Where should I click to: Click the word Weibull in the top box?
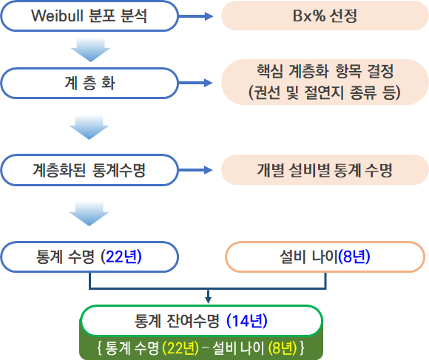pos(57,16)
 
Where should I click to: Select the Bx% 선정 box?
pos(325,16)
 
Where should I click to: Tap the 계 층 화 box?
pos(89,83)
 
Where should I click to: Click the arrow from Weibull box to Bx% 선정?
pos(195,16)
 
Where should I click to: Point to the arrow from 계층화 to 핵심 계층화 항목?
pos(195,83)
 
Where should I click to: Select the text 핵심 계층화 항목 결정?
pos(325,71)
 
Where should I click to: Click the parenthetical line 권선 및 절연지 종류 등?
pos(325,92)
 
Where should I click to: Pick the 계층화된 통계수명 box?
pos(89,170)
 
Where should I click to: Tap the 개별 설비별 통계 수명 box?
pos(325,170)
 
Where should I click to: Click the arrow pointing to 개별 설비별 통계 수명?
pos(195,170)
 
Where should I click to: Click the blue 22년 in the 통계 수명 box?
pos(123,257)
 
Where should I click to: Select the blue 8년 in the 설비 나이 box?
pos(354,257)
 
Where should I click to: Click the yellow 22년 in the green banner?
pos(180,348)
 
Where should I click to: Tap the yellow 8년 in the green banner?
pos(283,348)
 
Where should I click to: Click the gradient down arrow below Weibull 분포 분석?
pos(90,50)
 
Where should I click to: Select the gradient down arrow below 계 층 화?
pos(89,127)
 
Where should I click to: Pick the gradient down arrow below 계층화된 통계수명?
pos(89,214)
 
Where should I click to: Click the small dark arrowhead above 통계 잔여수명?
pos(208,299)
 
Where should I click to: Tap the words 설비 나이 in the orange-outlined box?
pos(309,257)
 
